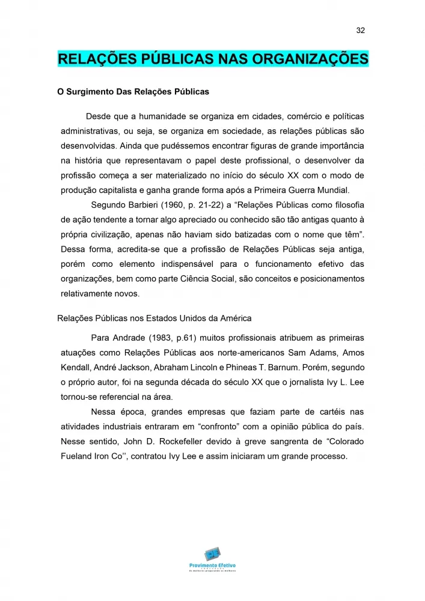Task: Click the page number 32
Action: (x=361, y=31)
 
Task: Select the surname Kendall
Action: (x=77, y=367)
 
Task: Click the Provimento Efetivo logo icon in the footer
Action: (x=212, y=554)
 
